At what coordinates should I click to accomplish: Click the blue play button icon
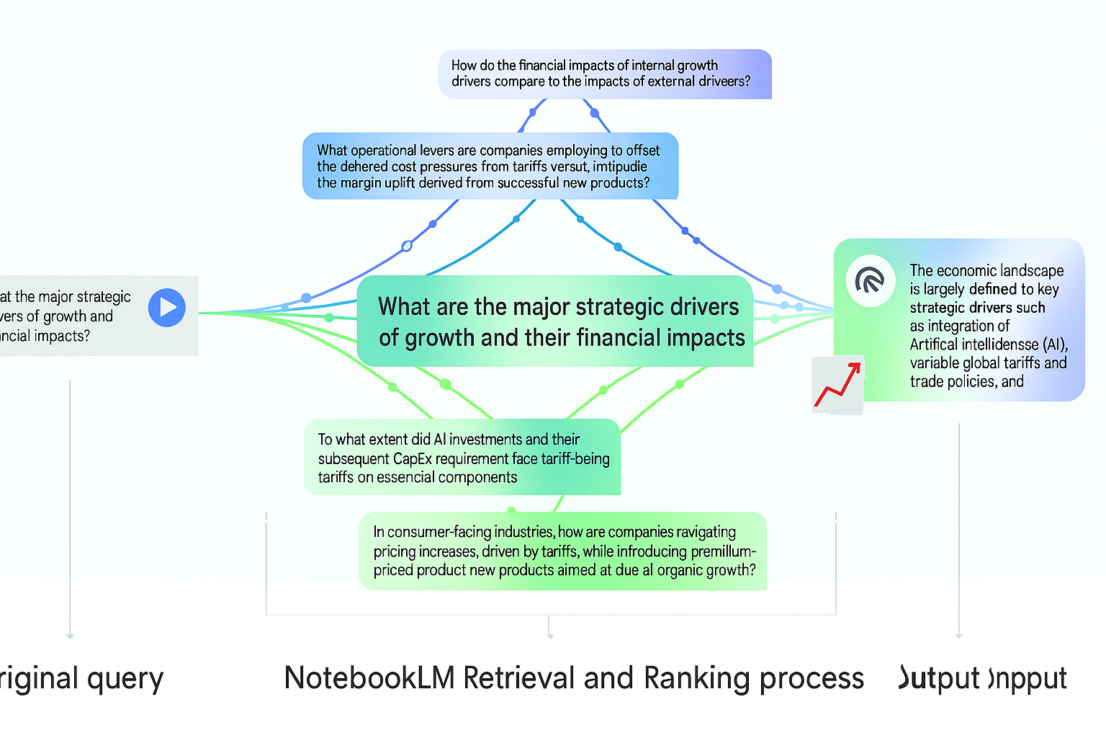pyautogui.click(x=167, y=308)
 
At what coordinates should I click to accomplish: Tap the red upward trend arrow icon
pyautogui.click(x=838, y=385)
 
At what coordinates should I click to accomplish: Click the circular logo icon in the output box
pyautogui.click(x=870, y=281)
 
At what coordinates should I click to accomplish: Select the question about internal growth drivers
pyautogui.click(x=605, y=74)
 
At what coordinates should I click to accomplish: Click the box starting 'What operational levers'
pyautogui.click(x=490, y=166)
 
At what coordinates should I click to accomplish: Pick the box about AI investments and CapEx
pyautogui.click(x=462, y=458)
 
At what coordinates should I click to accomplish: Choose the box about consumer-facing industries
pyautogui.click(x=562, y=551)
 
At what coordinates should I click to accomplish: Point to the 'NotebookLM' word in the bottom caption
pyautogui.click(x=369, y=678)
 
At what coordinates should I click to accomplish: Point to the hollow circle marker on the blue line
pyautogui.click(x=407, y=246)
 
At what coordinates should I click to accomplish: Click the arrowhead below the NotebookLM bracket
pyautogui.click(x=550, y=636)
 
